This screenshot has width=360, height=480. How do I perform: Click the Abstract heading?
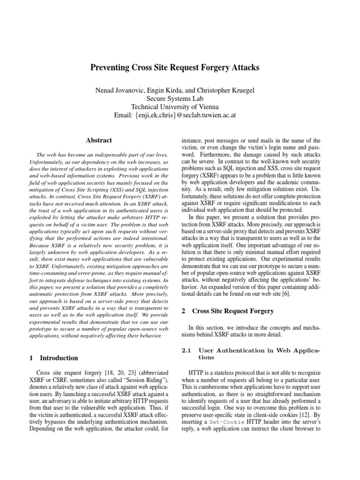tap(99, 140)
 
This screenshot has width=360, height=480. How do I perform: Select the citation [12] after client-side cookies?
tap(302, 414)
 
